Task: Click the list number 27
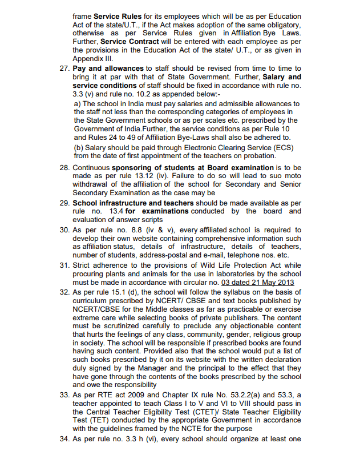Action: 64,68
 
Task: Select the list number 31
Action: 64,265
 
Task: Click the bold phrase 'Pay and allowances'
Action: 108,68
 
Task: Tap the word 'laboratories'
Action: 231,273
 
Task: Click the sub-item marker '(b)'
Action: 80,146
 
